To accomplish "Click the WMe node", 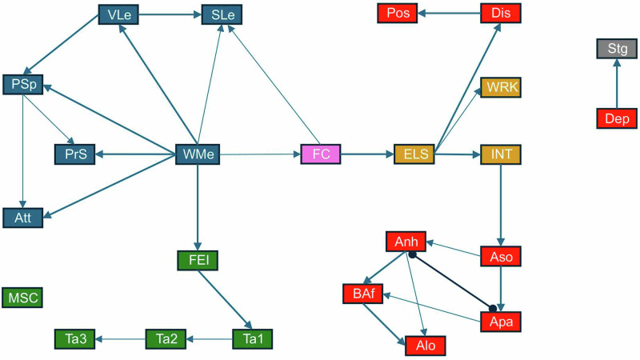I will click(x=198, y=154).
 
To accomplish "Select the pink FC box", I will click(x=321, y=154).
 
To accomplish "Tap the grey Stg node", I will click(x=617, y=49).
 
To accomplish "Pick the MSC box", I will click(x=22, y=298).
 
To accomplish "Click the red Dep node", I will click(x=617, y=118).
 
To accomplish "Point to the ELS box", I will click(x=414, y=154).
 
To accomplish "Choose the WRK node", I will click(x=500, y=87).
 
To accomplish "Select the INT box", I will click(x=500, y=154).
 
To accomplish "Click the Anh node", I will click(x=406, y=241).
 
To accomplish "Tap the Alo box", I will click(x=425, y=346).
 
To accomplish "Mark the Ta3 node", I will click(x=74, y=339).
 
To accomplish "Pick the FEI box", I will click(x=198, y=261).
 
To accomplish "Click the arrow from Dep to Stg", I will click(x=617, y=84).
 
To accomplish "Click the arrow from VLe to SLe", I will click(x=170, y=14).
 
